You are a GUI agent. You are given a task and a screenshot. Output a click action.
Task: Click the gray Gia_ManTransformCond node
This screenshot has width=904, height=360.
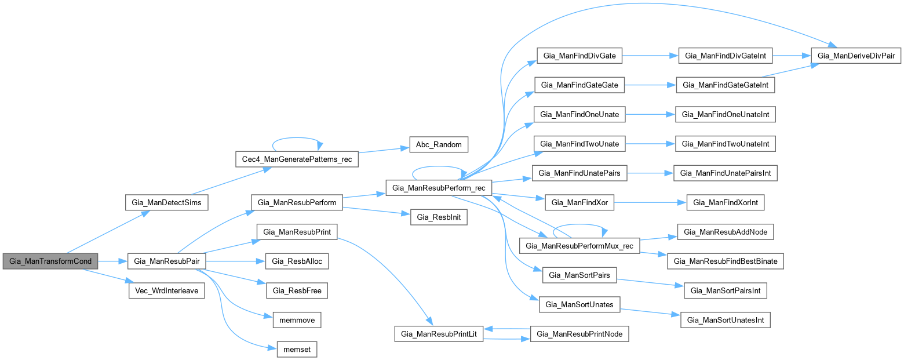tap(50, 261)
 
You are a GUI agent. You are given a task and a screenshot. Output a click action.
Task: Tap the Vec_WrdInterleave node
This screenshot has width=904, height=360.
tap(166, 290)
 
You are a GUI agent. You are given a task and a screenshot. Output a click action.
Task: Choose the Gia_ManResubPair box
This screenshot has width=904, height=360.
tap(166, 261)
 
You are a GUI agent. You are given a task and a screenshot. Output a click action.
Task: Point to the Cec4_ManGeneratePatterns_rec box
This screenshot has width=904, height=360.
tap(297, 159)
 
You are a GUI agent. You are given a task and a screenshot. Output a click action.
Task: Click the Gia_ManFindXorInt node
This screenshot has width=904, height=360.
tap(726, 202)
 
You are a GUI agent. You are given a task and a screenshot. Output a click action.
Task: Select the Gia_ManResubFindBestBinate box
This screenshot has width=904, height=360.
tap(726, 261)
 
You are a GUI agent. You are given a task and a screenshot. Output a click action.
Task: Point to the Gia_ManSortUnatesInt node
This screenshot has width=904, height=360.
tap(726, 319)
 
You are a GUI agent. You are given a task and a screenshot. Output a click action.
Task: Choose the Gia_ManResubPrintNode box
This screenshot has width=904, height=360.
tap(580, 334)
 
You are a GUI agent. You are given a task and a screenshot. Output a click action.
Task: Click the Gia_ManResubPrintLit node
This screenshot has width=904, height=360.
tap(439, 334)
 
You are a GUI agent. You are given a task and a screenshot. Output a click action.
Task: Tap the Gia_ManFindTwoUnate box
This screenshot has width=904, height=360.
tap(579, 144)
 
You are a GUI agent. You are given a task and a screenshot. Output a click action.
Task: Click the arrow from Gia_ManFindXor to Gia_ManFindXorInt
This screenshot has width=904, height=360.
tap(650, 202)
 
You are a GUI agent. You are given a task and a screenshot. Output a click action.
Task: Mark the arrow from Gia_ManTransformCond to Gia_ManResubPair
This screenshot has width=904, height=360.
tap(112, 261)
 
